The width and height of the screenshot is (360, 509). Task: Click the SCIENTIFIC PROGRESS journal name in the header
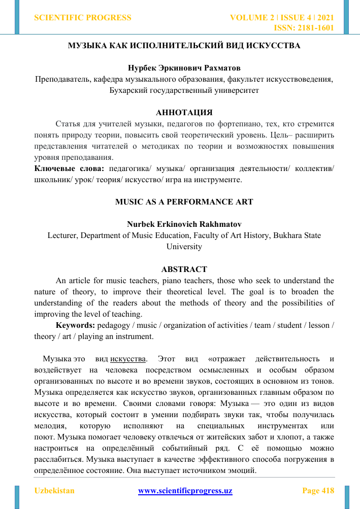[82, 18]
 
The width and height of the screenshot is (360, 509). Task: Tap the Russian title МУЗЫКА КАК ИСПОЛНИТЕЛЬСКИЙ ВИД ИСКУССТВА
[184, 46]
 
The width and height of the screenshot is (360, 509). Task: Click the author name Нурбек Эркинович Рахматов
[184, 68]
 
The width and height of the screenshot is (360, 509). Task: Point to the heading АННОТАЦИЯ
[184, 112]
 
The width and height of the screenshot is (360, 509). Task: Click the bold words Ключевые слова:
[69, 168]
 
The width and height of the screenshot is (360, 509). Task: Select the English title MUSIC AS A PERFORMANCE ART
[184, 201]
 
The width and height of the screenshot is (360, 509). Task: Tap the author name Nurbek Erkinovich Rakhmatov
[184, 224]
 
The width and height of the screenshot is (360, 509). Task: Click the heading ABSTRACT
[184, 269]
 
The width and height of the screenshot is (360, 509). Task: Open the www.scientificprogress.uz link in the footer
[185, 491]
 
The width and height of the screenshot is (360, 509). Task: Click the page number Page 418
[318, 491]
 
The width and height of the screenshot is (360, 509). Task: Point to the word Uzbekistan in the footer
[54, 491]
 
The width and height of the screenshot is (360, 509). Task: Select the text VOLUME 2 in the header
[252, 18]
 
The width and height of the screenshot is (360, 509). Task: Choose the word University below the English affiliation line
[184, 247]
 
